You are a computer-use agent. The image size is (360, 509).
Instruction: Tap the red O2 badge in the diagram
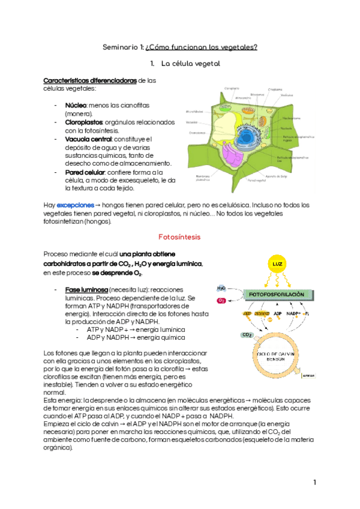point(222,300)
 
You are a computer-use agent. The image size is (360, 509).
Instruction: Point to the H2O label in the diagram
point(222,288)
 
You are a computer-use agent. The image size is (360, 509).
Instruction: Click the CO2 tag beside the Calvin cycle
point(247,335)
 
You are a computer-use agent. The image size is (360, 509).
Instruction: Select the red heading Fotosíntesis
point(178,237)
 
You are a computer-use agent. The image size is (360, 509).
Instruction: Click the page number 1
point(314,483)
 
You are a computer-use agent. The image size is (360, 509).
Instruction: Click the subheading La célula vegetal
point(192,63)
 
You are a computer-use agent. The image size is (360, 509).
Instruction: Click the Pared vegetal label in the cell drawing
point(256,179)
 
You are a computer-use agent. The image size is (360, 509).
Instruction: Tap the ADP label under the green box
point(278,313)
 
